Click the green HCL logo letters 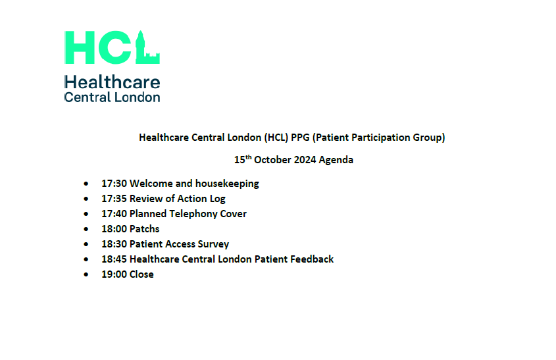[x=112, y=47]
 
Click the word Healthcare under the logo [x=112, y=82]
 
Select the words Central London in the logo [x=112, y=97]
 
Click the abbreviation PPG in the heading [x=300, y=138]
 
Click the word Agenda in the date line [x=336, y=160]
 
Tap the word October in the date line [x=272, y=160]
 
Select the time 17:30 [x=114, y=184]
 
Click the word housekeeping [x=227, y=184]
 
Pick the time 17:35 [x=114, y=199]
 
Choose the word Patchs [x=145, y=229]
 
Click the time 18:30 [x=114, y=244]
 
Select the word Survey [x=213, y=244]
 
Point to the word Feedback [x=312, y=259]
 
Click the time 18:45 [x=114, y=259]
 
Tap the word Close [x=141, y=274]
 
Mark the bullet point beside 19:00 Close [x=86, y=274]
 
